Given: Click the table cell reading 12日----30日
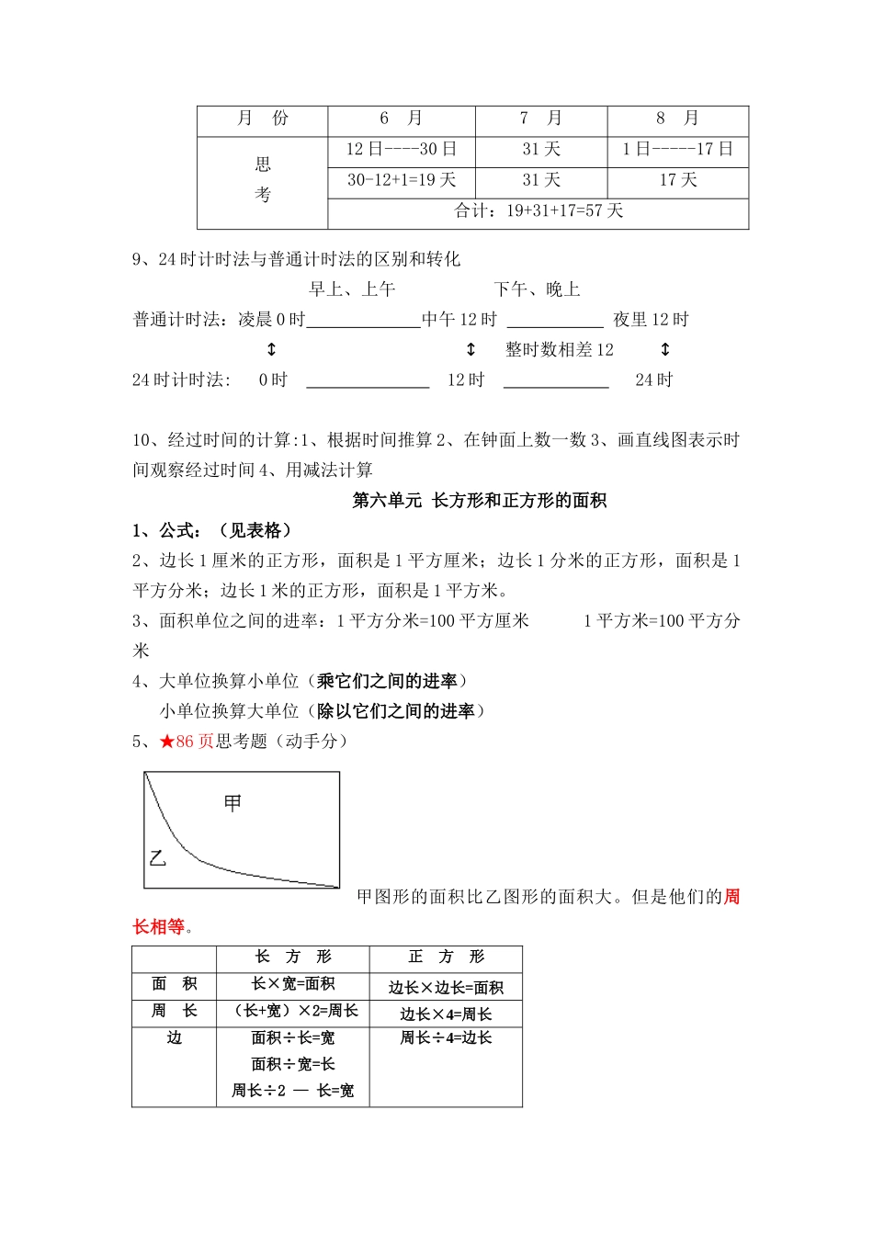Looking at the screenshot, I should (x=402, y=149).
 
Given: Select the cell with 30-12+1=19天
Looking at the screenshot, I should (x=402, y=180).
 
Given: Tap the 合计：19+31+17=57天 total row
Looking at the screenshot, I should (x=539, y=211).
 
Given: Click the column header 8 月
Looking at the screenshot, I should (x=678, y=119).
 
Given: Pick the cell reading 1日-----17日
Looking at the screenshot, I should (x=678, y=149).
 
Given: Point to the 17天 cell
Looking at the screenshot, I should (x=678, y=180).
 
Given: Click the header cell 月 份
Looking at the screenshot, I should (x=263, y=119).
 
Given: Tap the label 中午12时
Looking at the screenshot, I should (x=459, y=320).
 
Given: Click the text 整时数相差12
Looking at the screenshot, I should (x=560, y=350).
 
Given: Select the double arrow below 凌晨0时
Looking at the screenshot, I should (x=271, y=350).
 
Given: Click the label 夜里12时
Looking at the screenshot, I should (x=652, y=320).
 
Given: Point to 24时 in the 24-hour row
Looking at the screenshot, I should (x=654, y=380).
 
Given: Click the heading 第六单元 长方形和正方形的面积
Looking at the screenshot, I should (x=480, y=501).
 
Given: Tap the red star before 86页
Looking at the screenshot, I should (x=166, y=742).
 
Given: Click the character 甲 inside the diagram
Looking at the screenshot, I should (x=233, y=804).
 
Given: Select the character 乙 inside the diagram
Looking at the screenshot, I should (x=158, y=859).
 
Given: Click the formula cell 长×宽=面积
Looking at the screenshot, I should (x=293, y=984).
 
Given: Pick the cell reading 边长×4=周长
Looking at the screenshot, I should (x=446, y=1014).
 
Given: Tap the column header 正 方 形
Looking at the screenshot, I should (x=446, y=957).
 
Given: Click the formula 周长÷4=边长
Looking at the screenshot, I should (x=446, y=1038).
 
